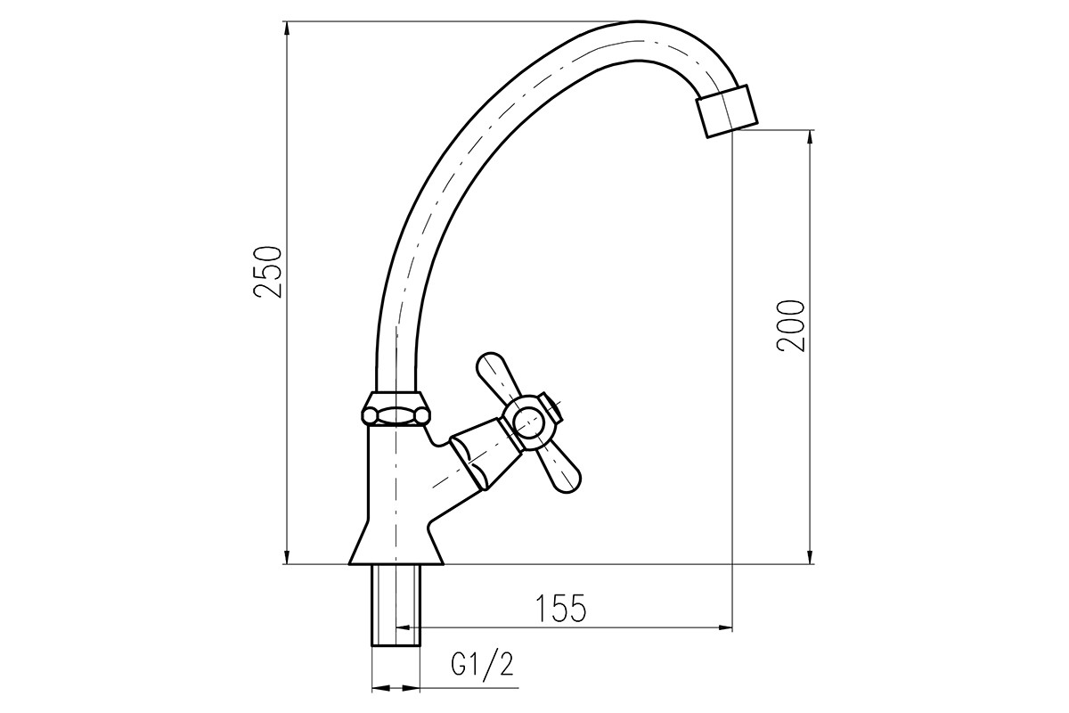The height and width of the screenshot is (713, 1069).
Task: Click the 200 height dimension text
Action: coord(791,326)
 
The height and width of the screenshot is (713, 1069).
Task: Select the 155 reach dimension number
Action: coord(560,609)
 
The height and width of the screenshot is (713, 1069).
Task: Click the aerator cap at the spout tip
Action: coord(727,111)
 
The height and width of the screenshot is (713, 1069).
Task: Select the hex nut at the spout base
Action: coord(396,408)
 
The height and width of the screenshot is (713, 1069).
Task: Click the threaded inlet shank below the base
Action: coord(396,605)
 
